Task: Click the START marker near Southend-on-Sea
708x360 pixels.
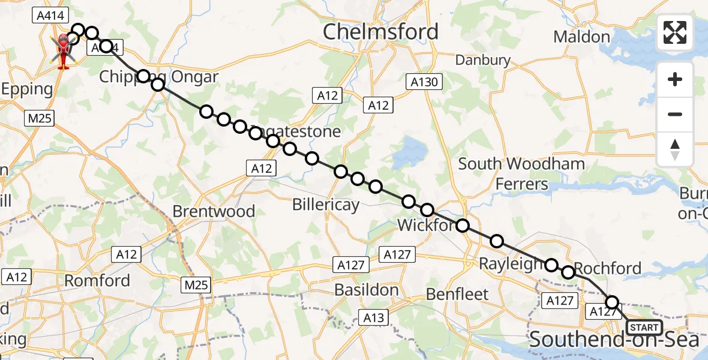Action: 644,328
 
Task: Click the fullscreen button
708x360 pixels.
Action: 675,32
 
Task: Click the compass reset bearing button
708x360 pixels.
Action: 675,149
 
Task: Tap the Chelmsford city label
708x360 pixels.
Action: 380,32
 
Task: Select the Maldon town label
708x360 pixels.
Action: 581,37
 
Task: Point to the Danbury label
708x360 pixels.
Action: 482,60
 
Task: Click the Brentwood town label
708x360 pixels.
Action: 214,211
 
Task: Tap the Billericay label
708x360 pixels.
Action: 326,205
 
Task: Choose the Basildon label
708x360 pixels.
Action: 366,290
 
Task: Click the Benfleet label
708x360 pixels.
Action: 457,294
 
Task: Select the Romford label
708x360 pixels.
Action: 97,280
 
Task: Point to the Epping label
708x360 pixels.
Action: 26,89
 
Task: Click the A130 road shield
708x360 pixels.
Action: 424,82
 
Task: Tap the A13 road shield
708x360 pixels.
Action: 373,317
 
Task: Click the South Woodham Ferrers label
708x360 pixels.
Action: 521,173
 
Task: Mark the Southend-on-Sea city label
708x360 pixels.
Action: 614,340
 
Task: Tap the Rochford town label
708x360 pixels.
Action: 608,268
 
